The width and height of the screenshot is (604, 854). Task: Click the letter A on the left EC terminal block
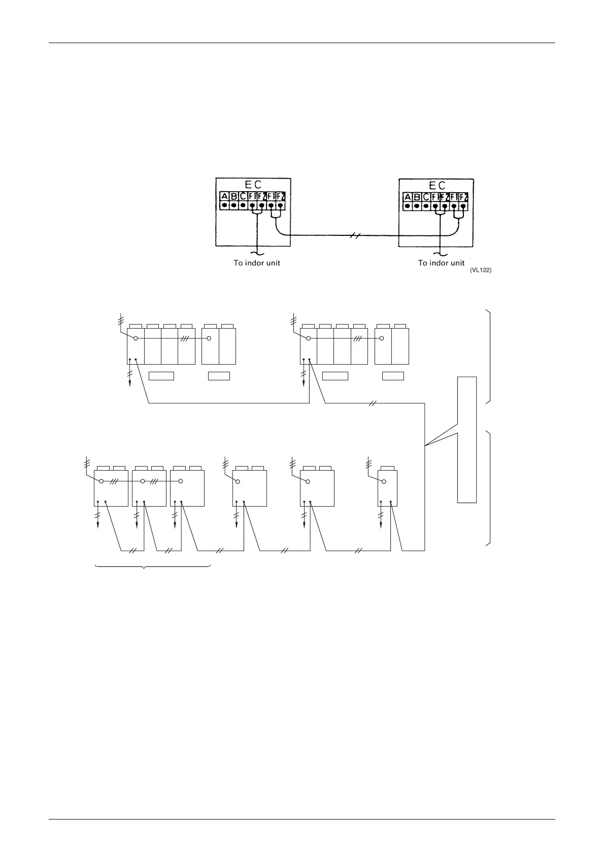[x=224, y=197]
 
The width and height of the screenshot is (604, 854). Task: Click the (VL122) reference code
[x=481, y=270]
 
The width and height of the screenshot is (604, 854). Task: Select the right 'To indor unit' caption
[x=441, y=263]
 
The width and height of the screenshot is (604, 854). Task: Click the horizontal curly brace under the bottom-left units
[x=153, y=566]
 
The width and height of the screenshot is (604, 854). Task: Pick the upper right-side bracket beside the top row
[x=488, y=355]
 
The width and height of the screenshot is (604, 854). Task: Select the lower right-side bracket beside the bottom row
[x=488, y=488]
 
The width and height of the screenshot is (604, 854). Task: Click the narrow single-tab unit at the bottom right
[x=387, y=488]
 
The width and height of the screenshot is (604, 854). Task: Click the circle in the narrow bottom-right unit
[x=384, y=481]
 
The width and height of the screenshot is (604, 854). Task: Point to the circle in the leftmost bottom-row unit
[x=102, y=481]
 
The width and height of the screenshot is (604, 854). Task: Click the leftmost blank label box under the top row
[x=161, y=376]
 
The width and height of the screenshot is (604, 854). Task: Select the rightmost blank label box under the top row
[x=393, y=376]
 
